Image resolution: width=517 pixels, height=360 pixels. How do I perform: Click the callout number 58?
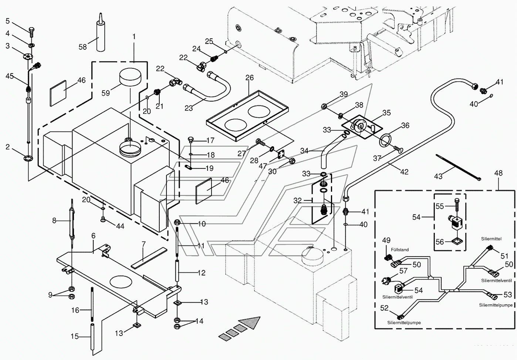82,47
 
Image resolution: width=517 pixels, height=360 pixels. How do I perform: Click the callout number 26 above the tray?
250,78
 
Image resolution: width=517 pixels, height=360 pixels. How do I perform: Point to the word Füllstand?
400,250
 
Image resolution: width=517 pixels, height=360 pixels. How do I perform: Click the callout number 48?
498,173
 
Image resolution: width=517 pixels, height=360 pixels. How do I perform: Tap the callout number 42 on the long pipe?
404,171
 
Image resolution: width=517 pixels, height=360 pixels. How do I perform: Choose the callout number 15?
75,336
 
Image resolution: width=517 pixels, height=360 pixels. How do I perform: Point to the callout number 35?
386,113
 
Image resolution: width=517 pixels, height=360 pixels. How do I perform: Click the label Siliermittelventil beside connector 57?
398,297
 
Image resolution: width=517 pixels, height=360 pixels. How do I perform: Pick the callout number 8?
54,221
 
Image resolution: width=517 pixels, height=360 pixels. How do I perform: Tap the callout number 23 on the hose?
189,108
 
